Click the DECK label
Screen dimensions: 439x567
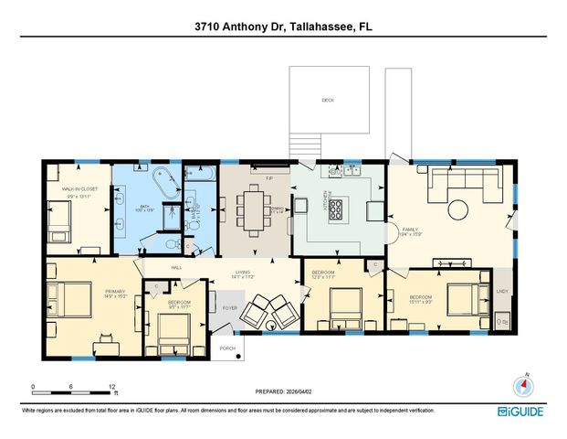[x=327, y=100]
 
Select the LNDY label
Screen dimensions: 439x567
[x=501, y=292]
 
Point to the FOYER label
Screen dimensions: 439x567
[x=230, y=307]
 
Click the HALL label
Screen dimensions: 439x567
[x=176, y=268]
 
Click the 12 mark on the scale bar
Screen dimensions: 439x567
[x=111, y=386]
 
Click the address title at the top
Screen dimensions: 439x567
[x=283, y=28]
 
